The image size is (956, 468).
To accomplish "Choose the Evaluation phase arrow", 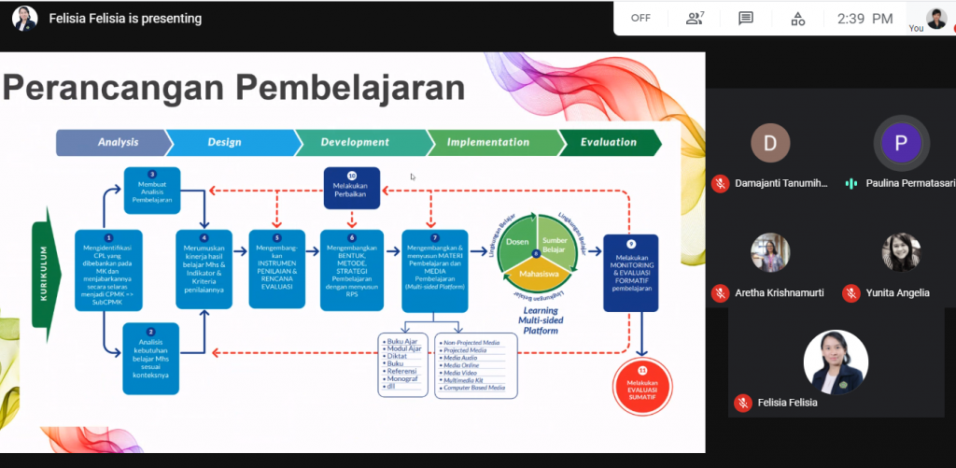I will pyautogui.click(x=609, y=142).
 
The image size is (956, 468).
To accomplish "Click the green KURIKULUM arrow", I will pyautogui.click(x=43, y=276).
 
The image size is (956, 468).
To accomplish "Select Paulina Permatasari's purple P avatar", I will pyautogui.click(x=900, y=143).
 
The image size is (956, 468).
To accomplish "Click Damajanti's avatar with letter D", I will pyautogui.click(x=770, y=143).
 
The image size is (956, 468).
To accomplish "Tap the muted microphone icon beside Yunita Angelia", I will pyautogui.click(x=851, y=293).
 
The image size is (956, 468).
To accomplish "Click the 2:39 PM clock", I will pyautogui.click(x=864, y=18).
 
